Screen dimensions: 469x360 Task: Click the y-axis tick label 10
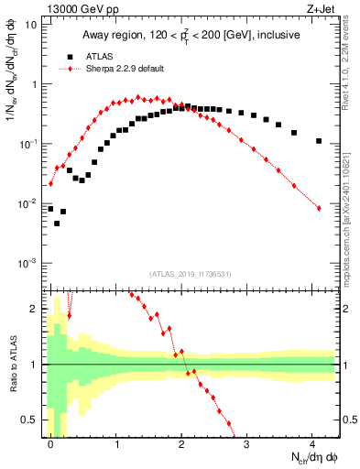pos(30,25)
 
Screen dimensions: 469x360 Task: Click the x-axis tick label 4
pos(313,443)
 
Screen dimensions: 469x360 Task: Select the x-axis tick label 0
pos(50,443)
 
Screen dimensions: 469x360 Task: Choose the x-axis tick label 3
pos(247,443)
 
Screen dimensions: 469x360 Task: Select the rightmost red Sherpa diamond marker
pos(319,209)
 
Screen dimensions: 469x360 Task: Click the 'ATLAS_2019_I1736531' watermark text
pos(190,273)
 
